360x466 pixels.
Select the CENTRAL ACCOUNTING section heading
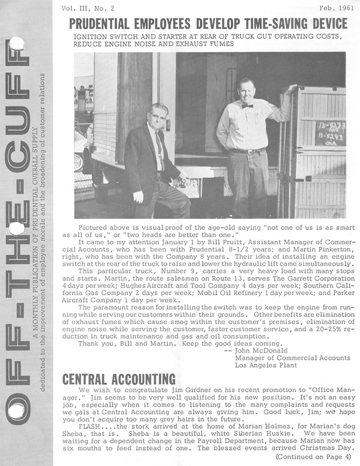118,379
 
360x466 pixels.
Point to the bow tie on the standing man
247,106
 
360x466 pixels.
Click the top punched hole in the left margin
16,43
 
